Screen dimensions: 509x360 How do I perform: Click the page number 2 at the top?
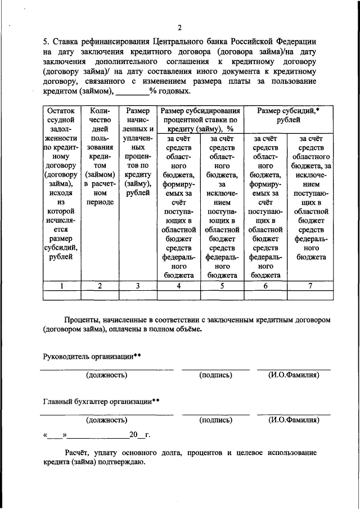click(x=179, y=28)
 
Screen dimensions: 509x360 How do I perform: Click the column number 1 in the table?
click(x=62, y=286)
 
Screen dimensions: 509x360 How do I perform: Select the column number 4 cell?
click(x=179, y=286)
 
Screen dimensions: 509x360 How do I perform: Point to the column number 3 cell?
click(x=138, y=286)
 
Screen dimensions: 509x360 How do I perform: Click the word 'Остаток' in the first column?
click(x=62, y=111)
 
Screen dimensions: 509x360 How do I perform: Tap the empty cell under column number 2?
click(x=100, y=295)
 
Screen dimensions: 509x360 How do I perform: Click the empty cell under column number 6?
click(x=266, y=295)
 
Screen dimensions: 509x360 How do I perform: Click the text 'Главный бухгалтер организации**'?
click(x=101, y=402)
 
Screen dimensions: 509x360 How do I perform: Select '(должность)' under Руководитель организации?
click(x=106, y=375)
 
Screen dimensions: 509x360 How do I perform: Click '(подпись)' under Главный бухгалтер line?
click(x=215, y=420)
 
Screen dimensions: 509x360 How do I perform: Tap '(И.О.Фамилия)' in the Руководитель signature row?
click(x=294, y=375)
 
